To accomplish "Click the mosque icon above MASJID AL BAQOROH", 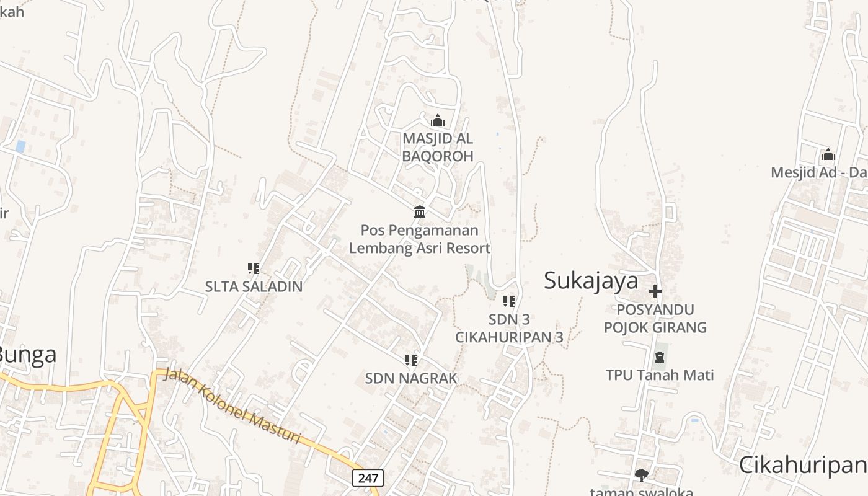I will pos(438,120).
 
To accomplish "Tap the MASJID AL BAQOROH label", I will pos(438,147).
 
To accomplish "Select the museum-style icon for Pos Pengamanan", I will pos(420,211).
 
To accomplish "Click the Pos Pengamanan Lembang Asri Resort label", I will pos(420,239).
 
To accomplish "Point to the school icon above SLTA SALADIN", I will pos(253,268).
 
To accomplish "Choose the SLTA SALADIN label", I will pos(254,286).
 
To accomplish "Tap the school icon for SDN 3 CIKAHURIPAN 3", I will pos(509,301).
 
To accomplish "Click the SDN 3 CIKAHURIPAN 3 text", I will pos(509,328).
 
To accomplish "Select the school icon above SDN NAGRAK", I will pos(410,360).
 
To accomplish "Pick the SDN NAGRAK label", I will pos(411,378).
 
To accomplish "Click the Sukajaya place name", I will pos(591,281).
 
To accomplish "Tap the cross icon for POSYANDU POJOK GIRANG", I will pos(655,291).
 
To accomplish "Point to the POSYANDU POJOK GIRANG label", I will pos(655,318).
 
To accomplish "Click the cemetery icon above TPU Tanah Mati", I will pos(660,357).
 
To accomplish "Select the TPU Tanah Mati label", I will pos(660,375).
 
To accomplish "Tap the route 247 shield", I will pos(368,478).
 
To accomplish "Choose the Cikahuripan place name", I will pos(803,465).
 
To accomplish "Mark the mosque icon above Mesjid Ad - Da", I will pos(828,154).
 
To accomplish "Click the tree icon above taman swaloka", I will pos(641,476).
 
